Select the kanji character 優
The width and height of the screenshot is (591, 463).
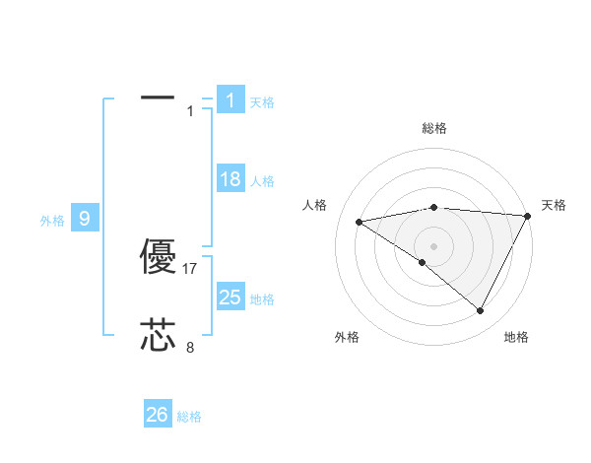coord(159,258)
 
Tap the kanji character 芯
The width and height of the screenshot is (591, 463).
coord(159,336)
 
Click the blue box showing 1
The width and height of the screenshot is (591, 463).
coord(230,100)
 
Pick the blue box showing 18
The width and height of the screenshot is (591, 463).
coord(230,179)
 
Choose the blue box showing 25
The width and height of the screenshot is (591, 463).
coord(230,298)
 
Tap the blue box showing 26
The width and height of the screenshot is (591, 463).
coord(157,415)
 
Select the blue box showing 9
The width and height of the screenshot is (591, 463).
coord(85,219)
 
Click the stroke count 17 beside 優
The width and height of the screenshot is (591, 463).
coord(191,268)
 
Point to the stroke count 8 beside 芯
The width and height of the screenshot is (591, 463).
coord(190,347)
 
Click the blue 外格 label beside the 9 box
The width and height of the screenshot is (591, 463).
coord(52,221)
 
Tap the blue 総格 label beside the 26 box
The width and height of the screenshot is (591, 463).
coord(189,417)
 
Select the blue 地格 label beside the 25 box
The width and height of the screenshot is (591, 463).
coord(262,299)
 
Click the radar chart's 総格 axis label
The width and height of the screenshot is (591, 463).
coord(433,128)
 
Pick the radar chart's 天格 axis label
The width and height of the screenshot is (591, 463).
coord(554,205)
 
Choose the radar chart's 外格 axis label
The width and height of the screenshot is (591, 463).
coord(346,337)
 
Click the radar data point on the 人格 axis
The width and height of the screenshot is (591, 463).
coord(359,222)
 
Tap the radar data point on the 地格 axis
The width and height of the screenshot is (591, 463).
coord(481,311)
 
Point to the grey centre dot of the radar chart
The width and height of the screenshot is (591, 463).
coord(433,245)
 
